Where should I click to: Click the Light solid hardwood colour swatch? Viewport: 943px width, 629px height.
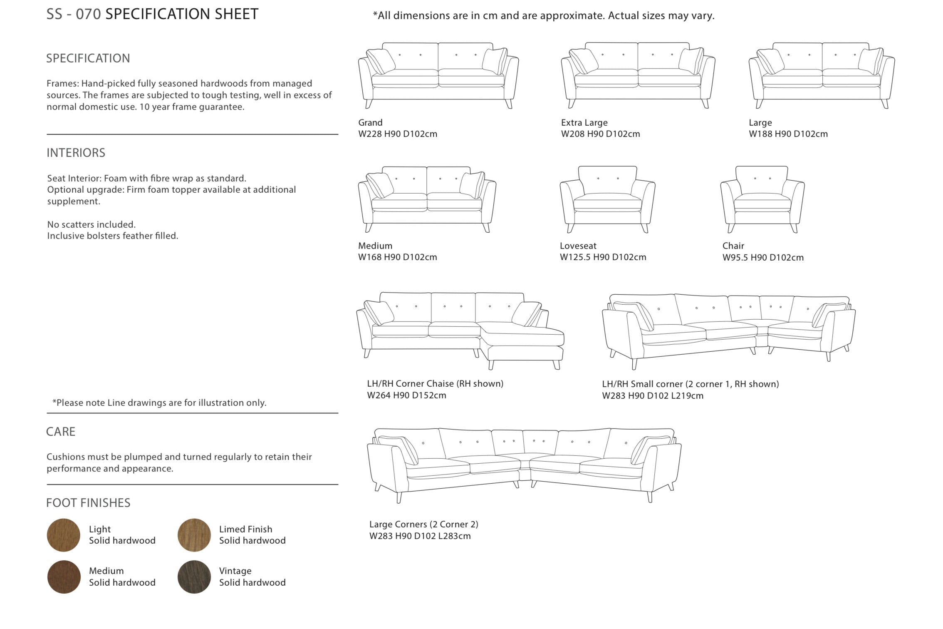pos(63,535)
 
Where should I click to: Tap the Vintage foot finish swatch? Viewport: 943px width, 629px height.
pos(194,577)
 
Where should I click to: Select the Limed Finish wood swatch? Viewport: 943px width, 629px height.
pos(194,535)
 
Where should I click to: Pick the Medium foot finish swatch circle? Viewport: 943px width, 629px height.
pos(63,577)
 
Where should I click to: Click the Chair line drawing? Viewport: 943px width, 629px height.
pos(762,199)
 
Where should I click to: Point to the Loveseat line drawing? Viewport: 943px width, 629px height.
pos(607,199)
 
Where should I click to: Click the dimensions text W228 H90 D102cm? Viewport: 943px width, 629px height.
pos(398,134)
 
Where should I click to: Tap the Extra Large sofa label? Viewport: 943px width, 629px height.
pos(584,122)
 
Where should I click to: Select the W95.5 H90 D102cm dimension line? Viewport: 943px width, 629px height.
pos(763,257)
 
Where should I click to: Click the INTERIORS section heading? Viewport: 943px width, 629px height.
pos(76,153)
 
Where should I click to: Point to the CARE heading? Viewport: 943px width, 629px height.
pos(61,432)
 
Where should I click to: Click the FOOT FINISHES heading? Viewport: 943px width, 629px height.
pos(88,503)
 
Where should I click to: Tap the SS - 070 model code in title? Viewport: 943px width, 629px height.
pos(74,14)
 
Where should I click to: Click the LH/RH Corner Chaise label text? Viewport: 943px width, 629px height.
pos(435,383)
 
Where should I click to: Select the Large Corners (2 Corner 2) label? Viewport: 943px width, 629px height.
pos(424,524)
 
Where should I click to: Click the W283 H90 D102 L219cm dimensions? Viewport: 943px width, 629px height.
pos(653,395)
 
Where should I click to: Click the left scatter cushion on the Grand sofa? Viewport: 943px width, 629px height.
pos(380,62)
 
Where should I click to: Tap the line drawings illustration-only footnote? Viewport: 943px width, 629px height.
pos(159,403)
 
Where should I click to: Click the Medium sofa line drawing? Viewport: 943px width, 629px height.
pos(427,199)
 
